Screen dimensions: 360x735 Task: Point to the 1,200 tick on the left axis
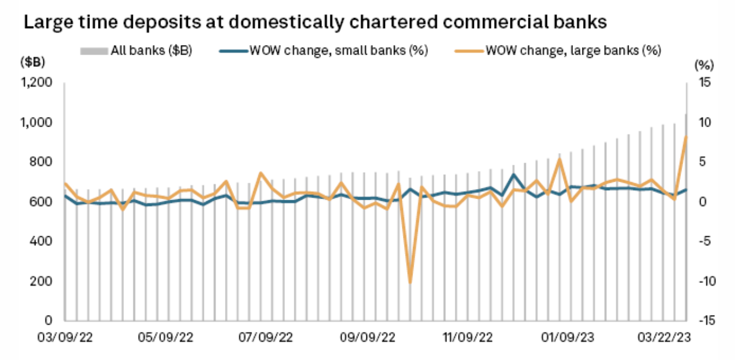click(37, 83)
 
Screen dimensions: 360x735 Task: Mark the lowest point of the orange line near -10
click(410, 282)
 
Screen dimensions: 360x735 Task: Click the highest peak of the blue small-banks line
click(514, 174)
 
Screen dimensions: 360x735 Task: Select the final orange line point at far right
click(686, 136)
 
